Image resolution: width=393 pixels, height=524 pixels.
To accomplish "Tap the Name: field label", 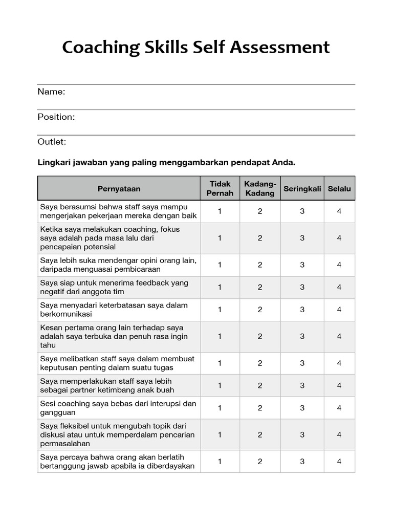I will pos(51,92).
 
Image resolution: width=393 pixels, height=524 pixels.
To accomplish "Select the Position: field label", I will pos(56,117).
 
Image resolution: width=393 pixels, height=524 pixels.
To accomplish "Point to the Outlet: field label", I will pos(52,142).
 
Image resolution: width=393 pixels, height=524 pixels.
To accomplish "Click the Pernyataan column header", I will pos(119,189).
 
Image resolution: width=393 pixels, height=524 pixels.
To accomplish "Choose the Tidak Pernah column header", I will pos(220,189).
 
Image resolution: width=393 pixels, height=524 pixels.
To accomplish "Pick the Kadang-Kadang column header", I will pos(260,189).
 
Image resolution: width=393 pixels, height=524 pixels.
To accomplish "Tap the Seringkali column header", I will pos(302,189).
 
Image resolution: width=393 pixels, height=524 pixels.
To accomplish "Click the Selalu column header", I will pos(339,189).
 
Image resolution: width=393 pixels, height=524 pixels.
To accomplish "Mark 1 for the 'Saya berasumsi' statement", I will pos(220,211).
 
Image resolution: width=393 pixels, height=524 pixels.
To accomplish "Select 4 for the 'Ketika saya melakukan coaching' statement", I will pos(339,238).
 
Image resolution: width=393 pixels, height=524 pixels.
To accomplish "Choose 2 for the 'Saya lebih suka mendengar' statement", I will pos(260,265).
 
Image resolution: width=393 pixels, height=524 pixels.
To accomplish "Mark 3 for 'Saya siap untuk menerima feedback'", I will pos(302,287).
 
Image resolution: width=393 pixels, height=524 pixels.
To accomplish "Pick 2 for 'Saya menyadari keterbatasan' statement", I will pos(260,310).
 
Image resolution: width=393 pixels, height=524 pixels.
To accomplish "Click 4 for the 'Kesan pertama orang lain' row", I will pos(339,336).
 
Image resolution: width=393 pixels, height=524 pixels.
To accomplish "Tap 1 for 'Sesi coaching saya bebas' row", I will pos(220,408).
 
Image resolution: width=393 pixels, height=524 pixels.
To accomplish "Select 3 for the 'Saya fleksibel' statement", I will pos(302,434).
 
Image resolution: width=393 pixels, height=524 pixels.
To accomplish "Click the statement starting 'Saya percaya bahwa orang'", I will pos(117,462).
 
